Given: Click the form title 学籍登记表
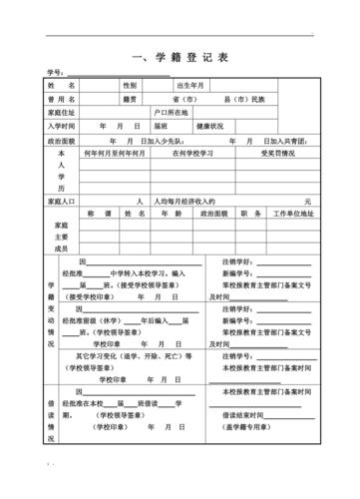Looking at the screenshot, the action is [180, 58].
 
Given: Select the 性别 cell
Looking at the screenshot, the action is [131, 86].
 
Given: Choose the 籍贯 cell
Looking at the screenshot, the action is [130, 100].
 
